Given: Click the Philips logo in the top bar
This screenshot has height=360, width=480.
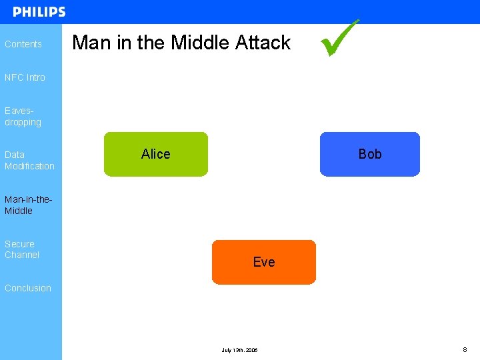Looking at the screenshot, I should coord(39,12).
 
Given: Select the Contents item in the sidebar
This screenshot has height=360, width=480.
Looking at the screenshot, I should coord(23,44).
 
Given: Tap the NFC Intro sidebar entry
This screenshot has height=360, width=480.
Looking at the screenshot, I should coord(25,77).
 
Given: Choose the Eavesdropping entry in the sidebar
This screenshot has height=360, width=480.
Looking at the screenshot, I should coord(23,117).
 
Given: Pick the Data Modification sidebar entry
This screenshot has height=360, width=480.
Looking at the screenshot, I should coord(29,160).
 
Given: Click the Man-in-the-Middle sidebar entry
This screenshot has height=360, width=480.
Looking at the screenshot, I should coord(28,205).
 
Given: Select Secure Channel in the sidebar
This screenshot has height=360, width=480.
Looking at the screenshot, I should coord(22,249).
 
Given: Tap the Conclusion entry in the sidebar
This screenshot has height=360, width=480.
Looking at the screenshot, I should coord(28,288).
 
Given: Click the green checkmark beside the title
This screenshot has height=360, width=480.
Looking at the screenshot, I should coord(340,38).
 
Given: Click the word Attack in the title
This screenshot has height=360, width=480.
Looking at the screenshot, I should coord(263,43).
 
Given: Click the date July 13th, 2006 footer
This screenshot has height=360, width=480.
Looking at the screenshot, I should coord(239,350).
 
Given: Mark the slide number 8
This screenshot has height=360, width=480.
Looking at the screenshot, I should coord(465,349).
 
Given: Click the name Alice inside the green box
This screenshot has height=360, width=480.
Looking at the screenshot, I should coord(156,154).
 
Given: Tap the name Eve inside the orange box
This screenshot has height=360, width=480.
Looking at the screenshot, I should coord(264,262).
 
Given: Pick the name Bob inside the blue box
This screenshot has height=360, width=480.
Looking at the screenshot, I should coord(370,154).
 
